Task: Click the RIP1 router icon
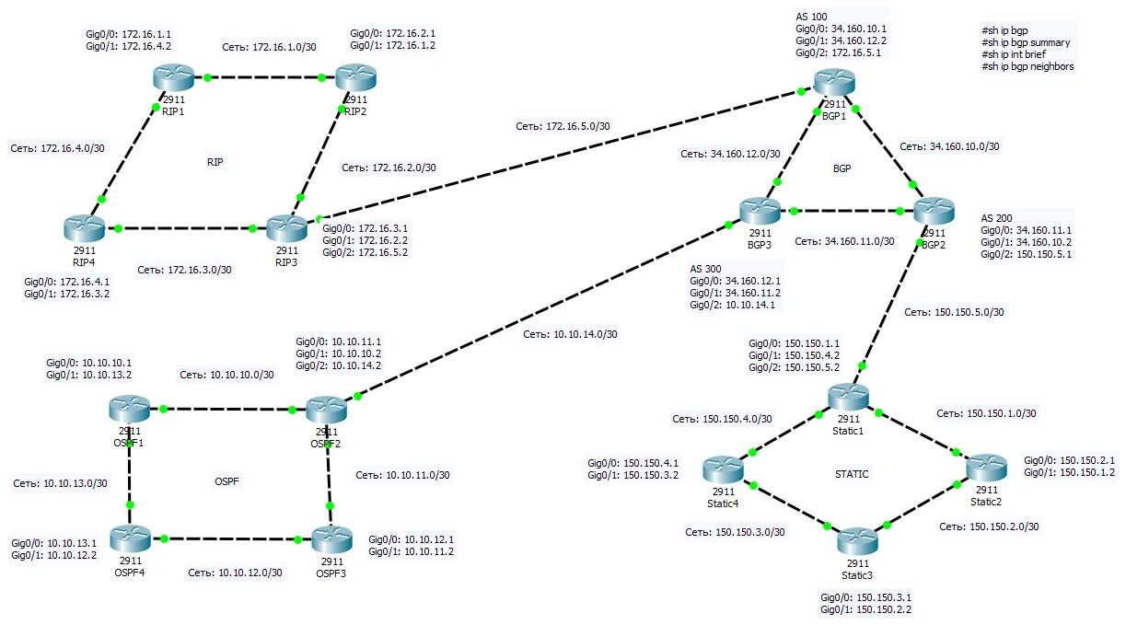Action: click(x=174, y=78)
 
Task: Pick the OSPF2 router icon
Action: click(x=325, y=409)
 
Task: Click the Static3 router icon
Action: click(x=855, y=540)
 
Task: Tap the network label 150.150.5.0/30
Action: click(x=954, y=312)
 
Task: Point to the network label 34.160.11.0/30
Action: click(x=844, y=241)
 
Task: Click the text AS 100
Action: click(x=811, y=17)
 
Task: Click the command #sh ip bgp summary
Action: click(x=1026, y=42)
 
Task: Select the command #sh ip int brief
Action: click(x=1018, y=54)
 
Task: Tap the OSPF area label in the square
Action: click(x=226, y=480)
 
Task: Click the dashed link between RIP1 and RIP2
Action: click(x=264, y=77)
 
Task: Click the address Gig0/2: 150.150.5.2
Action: click(x=794, y=367)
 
